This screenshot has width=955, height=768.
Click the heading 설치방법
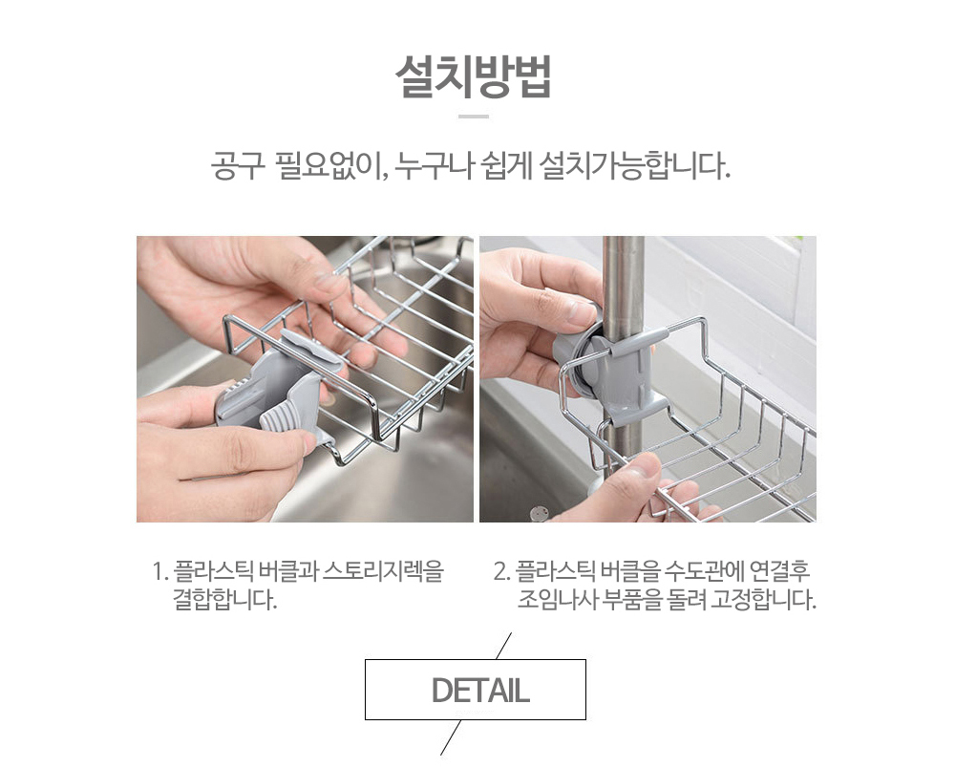click(x=474, y=76)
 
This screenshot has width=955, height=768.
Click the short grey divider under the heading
click(x=474, y=116)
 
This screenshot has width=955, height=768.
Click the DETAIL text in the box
click(x=480, y=690)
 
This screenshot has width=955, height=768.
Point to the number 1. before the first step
click(x=159, y=572)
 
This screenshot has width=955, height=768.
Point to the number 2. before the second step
click(x=502, y=572)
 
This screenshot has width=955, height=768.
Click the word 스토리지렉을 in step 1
click(x=383, y=571)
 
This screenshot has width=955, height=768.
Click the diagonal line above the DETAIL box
click(x=503, y=646)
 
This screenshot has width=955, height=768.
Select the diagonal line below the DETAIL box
click(x=451, y=737)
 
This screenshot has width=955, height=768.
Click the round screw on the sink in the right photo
click(x=539, y=513)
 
